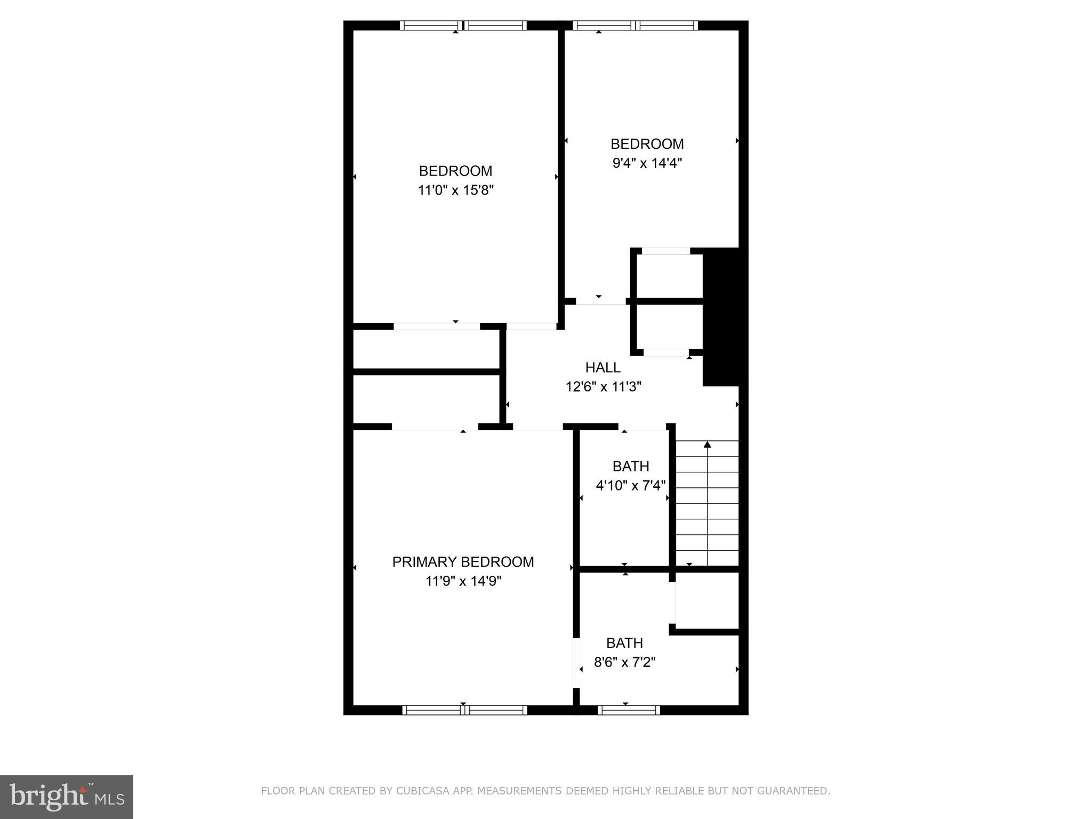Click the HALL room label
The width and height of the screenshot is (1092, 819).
pos(603,367)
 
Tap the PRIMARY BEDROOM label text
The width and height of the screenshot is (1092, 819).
pos(463,562)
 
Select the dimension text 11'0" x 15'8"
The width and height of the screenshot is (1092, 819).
pos(456,190)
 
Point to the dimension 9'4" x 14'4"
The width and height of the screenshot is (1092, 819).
pos(647,163)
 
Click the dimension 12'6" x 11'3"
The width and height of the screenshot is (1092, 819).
pos(603,387)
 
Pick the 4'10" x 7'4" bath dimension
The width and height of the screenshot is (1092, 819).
pos(631,486)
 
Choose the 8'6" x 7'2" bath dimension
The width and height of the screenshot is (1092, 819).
pos(624,662)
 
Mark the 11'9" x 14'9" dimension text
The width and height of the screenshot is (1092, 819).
pos(463,581)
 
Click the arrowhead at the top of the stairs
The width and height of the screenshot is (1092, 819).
pos(707,445)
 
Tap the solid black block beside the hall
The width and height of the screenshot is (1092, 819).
pos(721,317)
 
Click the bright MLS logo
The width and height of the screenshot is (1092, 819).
pos(66,797)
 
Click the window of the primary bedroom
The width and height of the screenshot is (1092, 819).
pos(464,710)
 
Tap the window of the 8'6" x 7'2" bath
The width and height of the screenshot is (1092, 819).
pos(629,710)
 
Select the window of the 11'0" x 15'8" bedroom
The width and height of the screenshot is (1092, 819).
pos(463,25)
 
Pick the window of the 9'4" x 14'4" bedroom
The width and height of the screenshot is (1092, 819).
pos(635,25)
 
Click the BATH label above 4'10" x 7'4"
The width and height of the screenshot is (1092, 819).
pos(631,467)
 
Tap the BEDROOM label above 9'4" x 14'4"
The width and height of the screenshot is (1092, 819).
pos(647,144)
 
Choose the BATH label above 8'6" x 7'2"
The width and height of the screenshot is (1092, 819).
pos(624,643)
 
